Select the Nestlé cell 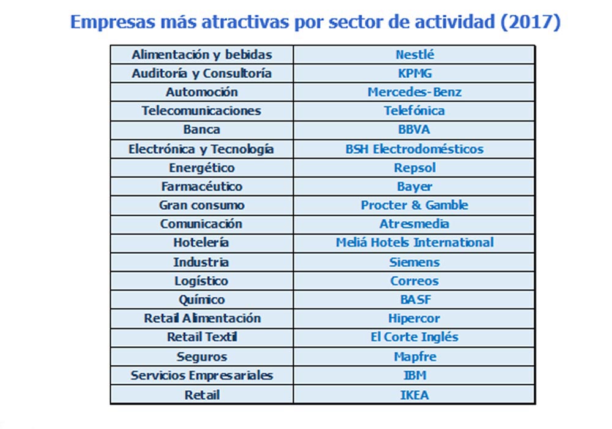pos(414,55)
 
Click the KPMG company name pos(414,74)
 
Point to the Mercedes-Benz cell pos(414,93)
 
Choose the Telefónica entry pos(414,111)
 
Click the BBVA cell pos(414,130)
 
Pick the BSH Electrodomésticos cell pos(414,149)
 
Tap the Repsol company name pos(414,168)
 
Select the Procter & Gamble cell pos(414,205)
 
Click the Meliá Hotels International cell pos(414,243)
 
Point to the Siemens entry pos(414,262)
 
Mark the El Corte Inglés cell pos(414,337)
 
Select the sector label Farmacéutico pos(202,186)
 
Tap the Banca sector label pos(202,130)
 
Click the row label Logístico pos(202,281)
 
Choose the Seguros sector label pos(202,357)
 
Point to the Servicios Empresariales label pos(202,376)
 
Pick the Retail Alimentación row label pos(202,319)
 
